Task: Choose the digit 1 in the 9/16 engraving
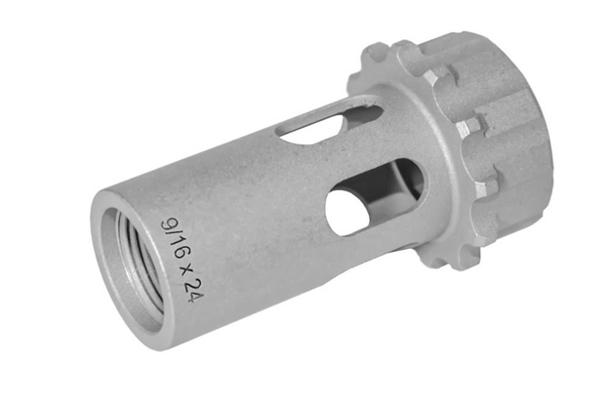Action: click(173, 241)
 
